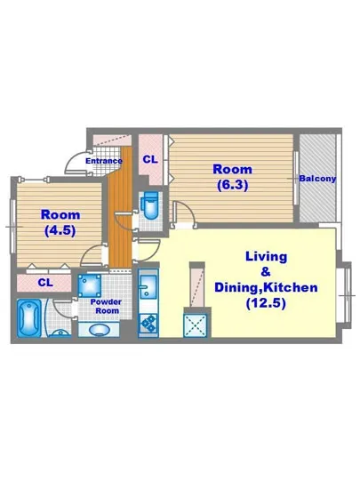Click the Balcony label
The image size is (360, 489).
click(x=317, y=179)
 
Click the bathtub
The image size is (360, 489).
click(x=29, y=317)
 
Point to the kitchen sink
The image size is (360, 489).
click(x=148, y=288)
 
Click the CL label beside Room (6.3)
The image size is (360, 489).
click(x=150, y=159)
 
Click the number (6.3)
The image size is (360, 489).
click(x=232, y=185)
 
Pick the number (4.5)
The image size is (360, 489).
click(x=60, y=229)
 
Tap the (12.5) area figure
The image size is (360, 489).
click(x=266, y=303)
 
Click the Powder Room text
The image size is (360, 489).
click(x=108, y=307)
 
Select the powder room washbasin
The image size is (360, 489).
click(x=100, y=330)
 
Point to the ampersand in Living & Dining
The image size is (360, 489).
click(x=266, y=272)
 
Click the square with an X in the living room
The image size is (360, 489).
click(x=196, y=324)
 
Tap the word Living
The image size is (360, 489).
click(x=266, y=257)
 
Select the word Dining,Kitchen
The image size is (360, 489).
click(x=266, y=288)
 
